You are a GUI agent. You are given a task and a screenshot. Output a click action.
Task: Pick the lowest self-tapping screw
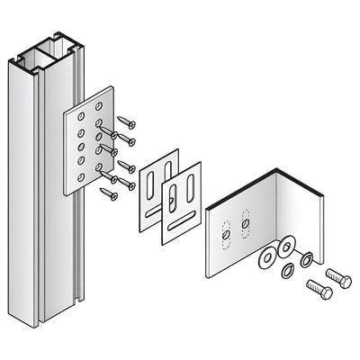110,192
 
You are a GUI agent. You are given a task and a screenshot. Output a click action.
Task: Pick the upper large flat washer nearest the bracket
286,245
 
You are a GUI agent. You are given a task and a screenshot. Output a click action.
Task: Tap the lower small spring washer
290,271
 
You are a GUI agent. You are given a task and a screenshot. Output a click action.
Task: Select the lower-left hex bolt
319,290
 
